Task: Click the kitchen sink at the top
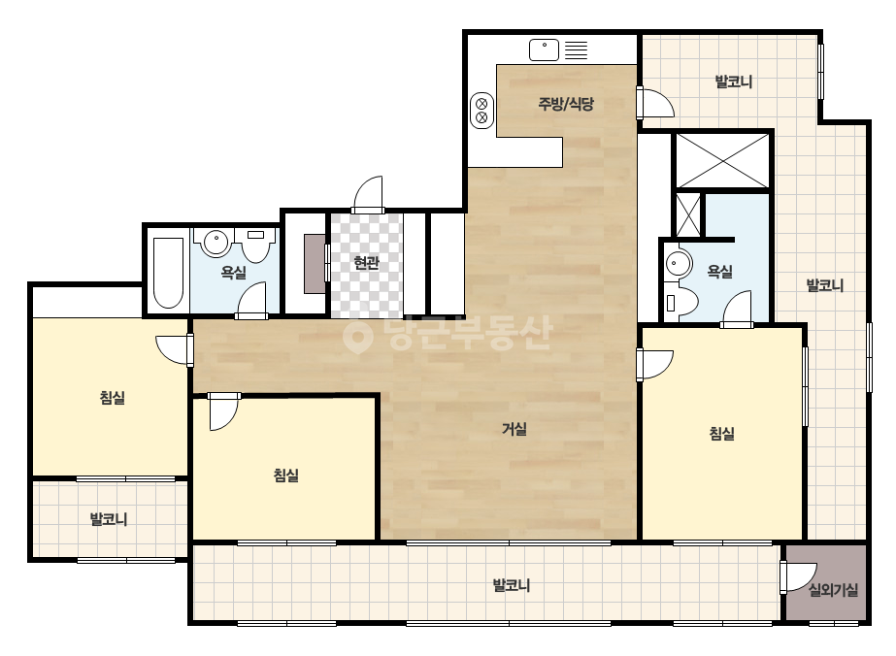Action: point(544,49)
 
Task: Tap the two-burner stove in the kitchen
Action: point(481,111)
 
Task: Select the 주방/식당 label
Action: point(566,104)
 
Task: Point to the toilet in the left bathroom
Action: point(256,245)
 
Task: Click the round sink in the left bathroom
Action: point(216,242)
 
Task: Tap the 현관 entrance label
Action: point(366,263)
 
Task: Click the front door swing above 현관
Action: point(368,195)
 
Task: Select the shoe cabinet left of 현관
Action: point(315,263)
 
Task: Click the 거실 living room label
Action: point(514,429)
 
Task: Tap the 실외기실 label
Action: point(833,590)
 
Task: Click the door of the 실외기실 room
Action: point(798,577)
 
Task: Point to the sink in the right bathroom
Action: point(679,265)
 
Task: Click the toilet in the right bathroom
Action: point(681,302)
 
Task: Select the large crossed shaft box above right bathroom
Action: point(723,160)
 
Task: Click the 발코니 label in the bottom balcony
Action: point(512,585)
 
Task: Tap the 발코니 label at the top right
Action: point(734,82)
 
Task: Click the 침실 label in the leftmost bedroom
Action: point(113,398)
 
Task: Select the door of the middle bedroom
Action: point(223,411)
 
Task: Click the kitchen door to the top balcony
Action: point(655,103)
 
